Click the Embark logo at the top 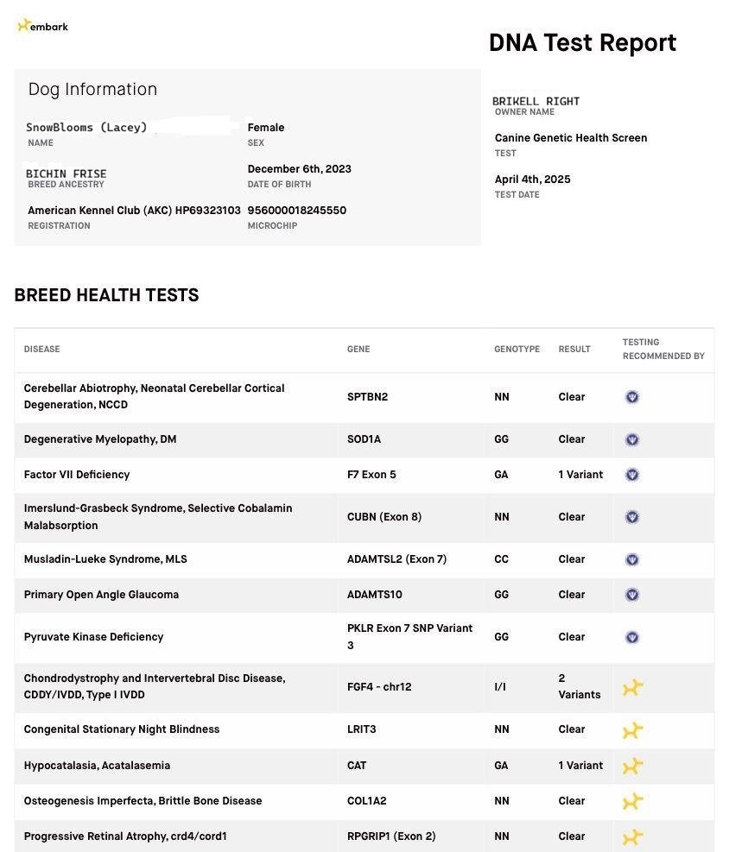(x=42, y=26)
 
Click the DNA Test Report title (x=582, y=42)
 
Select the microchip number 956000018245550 (x=296, y=211)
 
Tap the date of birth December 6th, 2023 (x=299, y=169)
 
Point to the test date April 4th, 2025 (x=532, y=180)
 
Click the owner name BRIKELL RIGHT (x=536, y=101)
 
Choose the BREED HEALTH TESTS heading (x=106, y=295)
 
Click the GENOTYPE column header (x=517, y=350)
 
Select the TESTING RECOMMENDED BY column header (x=663, y=349)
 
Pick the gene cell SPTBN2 (x=367, y=397)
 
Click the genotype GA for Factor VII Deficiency (x=501, y=475)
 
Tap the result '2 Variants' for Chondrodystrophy (x=579, y=686)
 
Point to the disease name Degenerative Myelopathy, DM (x=100, y=439)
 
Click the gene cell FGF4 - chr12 (x=379, y=687)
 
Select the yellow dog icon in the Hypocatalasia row (x=632, y=766)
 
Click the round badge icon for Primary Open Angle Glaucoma (x=631, y=595)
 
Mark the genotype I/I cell (x=500, y=687)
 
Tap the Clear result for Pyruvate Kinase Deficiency (x=571, y=637)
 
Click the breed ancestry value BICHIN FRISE (x=67, y=174)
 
